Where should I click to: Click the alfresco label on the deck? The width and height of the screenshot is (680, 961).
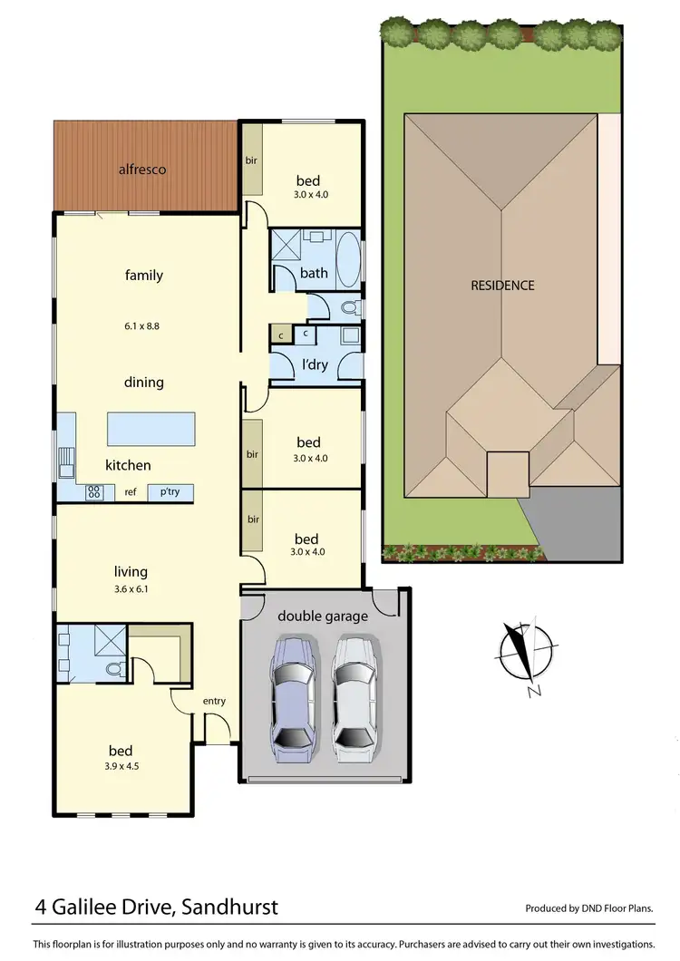pyautogui.click(x=143, y=170)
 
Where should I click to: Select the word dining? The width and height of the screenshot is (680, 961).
pyautogui.click(x=143, y=382)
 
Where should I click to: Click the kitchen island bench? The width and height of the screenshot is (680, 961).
pyautogui.click(x=151, y=428)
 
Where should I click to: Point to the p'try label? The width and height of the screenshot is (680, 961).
pyautogui.click(x=170, y=492)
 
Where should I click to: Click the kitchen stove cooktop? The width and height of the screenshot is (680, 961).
pyautogui.click(x=93, y=492)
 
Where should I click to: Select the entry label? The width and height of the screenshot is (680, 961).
pyautogui.click(x=214, y=701)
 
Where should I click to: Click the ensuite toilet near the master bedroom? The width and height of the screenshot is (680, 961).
pyautogui.click(x=112, y=670)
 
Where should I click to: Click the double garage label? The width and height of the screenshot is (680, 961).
pyautogui.click(x=322, y=616)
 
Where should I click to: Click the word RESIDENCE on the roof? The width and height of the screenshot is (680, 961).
pyautogui.click(x=502, y=285)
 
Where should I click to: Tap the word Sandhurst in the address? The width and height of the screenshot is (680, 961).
pyautogui.click(x=228, y=908)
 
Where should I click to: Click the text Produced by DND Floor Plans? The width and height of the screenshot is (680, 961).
pyautogui.click(x=589, y=908)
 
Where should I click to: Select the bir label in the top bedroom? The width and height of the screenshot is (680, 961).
pyautogui.click(x=251, y=160)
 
